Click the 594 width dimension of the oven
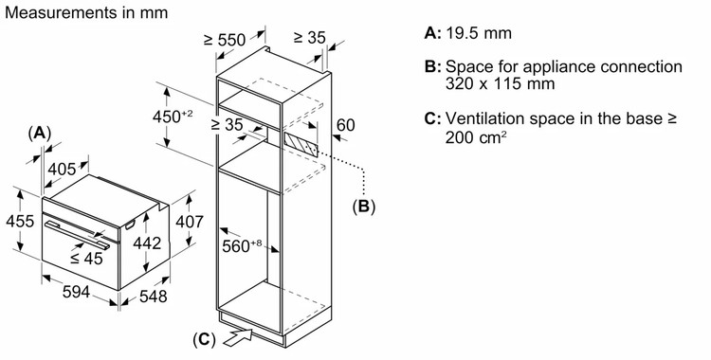[x=76, y=292]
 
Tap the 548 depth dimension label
[x=154, y=297]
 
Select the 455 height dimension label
[x=20, y=222]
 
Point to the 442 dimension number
[x=147, y=243]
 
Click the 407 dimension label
[x=190, y=222]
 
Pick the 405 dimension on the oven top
[x=62, y=170]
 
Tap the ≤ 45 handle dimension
[x=86, y=259]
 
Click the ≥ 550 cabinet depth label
[x=224, y=40]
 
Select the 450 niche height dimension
[x=173, y=117]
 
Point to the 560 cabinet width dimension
[x=242, y=245]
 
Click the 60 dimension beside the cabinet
[x=346, y=125]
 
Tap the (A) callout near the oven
[x=40, y=134]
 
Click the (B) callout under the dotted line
[x=364, y=207]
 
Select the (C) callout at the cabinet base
[x=204, y=339]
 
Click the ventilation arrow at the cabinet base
[x=238, y=337]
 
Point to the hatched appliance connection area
[x=301, y=143]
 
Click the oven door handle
[x=77, y=235]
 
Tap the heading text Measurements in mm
[x=86, y=12]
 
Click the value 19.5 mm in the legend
[x=479, y=33]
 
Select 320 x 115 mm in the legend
[x=500, y=84]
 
